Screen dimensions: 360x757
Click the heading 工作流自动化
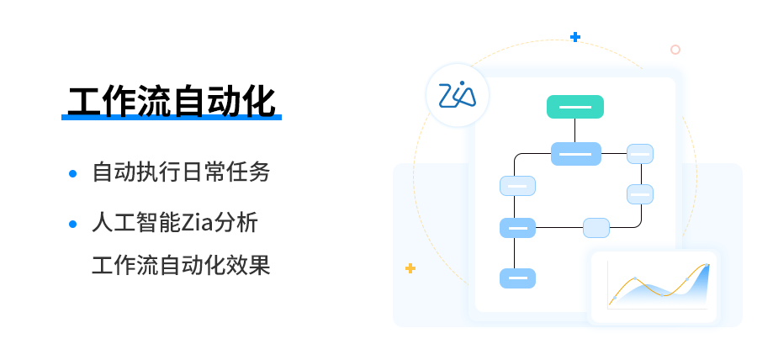click(x=171, y=102)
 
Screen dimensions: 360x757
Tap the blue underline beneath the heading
click(x=171, y=118)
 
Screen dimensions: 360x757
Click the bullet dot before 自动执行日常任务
click(x=73, y=173)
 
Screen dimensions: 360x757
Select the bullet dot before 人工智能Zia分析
click(x=73, y=224)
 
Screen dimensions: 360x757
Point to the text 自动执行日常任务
click(x=181, y=172)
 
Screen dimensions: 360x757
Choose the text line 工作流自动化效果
click(x=181, y=265)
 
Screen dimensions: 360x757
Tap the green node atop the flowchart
click(x=575, y=107)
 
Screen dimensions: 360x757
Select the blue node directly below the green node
click(x=575, y=154)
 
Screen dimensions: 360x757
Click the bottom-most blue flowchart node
click(x=517, y=278)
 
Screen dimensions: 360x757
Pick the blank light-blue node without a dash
click(x=596, y=227)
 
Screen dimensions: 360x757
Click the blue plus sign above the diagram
click(x=575, y=37)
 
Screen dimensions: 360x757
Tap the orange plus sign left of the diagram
click(x=410, y=268)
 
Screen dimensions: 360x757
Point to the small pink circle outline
click(x=675, y=50)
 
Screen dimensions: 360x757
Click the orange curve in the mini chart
click(x=637, y=279)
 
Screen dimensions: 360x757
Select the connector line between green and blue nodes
click(x=575, y=130)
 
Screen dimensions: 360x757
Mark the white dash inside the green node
click(x=575, y=107)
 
